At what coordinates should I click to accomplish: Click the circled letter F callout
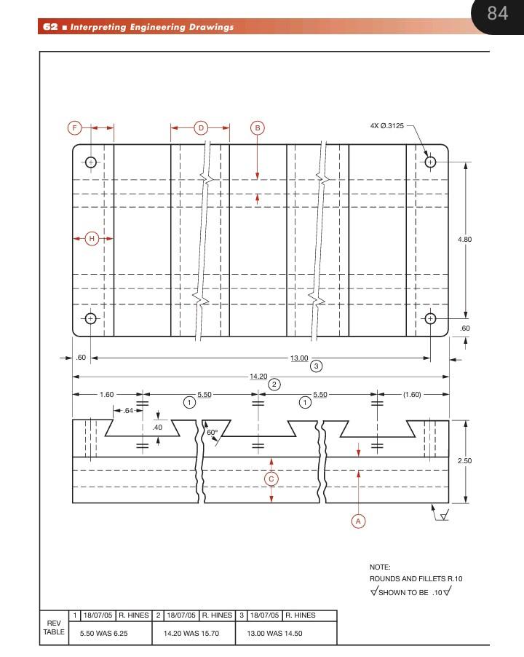[74, 128]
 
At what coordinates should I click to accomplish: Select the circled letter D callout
[201, 128]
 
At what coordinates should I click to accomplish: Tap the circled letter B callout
[257, 128]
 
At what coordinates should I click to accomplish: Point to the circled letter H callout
[92, 238]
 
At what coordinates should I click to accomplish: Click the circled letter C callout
[271, 479]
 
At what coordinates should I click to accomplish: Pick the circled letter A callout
[357, 521]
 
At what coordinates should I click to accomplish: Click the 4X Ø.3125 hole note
[386, 126]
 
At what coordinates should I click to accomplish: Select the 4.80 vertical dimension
[465, 239]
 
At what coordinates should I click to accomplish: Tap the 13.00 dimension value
[299, 358]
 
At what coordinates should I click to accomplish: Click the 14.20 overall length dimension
[258, 377]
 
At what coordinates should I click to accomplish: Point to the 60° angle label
[212, 432]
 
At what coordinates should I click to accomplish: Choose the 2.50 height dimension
[465, 461]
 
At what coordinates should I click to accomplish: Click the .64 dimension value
[128, 411]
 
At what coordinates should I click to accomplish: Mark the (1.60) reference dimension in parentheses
[412, 395]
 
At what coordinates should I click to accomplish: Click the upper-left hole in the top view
[91, 162]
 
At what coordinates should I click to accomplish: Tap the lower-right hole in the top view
[430, 318]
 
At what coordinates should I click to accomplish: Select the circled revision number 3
[316, 366]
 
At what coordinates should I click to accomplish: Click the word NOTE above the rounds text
[380, 567]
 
